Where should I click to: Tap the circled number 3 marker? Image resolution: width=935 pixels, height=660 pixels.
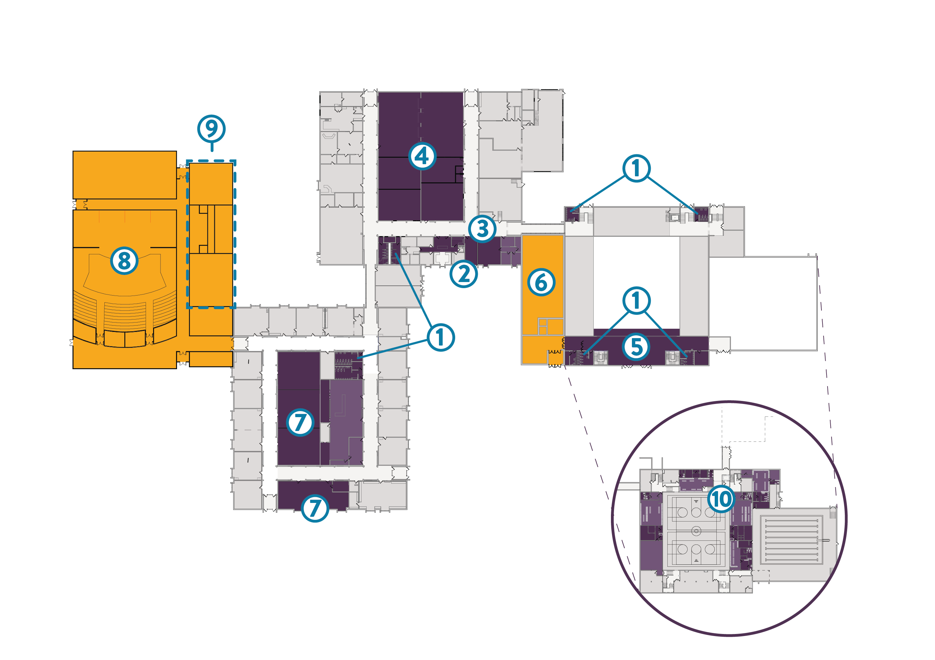click(482, 228)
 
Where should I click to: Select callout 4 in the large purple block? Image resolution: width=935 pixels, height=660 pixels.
click(422, 156)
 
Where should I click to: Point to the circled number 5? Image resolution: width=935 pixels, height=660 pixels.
click(636, 347)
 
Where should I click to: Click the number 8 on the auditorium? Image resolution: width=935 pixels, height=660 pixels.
click(124, 260)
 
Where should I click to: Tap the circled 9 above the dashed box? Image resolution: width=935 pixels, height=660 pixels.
click(211, 129)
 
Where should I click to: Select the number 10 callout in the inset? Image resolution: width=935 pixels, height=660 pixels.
click(721, 499)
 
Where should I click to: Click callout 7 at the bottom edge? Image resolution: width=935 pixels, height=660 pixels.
click(315, 508)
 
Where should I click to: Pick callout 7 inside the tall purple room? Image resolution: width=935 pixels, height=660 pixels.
click(300, 422)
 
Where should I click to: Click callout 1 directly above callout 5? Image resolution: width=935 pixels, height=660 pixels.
click(636, 301)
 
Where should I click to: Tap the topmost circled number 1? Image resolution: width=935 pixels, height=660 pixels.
click(636, 168)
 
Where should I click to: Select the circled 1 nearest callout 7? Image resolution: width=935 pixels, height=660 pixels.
click(441, 337)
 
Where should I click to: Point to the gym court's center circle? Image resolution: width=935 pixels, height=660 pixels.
click(696, 531)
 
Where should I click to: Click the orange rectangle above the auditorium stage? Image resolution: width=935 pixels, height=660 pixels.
click(125, 175)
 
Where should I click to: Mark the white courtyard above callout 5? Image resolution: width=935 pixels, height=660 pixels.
click(636, 281)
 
